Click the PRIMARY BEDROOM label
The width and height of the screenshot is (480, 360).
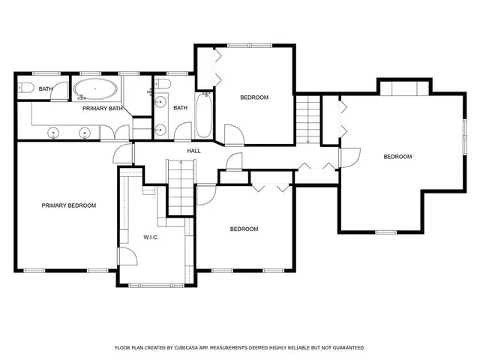[x=69, y=205]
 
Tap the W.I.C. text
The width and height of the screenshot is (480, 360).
[x=151, y=237]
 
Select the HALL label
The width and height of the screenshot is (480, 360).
[x=193, y=151]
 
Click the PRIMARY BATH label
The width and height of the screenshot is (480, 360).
[x=103, y=109]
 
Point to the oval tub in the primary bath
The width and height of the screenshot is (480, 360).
[x=96, y=89]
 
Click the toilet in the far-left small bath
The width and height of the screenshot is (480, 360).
[x=25, y=89]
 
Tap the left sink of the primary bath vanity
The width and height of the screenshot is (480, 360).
[x=54, y=133]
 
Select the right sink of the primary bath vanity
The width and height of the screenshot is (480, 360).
[x=85, y=133]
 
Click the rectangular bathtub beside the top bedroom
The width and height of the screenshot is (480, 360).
[x=203, y=115]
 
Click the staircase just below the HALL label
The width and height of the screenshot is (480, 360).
[x=180, y=187]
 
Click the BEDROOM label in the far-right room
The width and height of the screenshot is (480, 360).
[x=397, y=157]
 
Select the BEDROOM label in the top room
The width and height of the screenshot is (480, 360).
[x=254, y=97]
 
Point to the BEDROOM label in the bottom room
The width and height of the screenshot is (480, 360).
[x=244, y=229]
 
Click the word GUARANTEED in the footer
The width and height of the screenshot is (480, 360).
[x=345, y=348]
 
